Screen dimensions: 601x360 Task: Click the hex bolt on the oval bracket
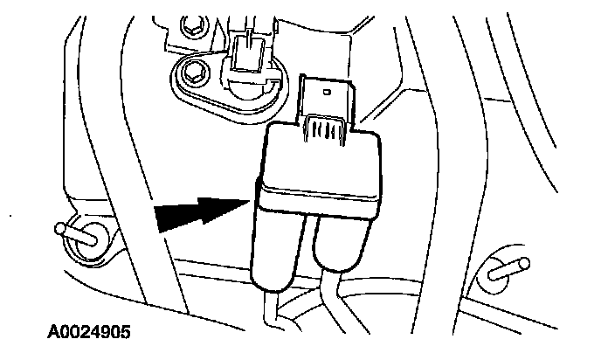pyautogui.click(x=195, y=73)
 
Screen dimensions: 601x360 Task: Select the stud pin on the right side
pyautogui.click(x=508, y=269)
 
